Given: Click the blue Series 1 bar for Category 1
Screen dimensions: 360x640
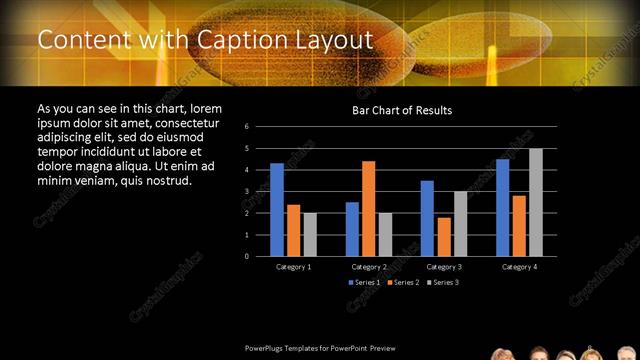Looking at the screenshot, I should [x=277, y=209].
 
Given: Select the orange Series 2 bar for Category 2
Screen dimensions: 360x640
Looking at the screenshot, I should [x=368, y=208].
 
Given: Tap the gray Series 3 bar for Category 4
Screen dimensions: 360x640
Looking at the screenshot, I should [x=536, y=202].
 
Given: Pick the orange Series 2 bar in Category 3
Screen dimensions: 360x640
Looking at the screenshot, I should [x=444, y=236].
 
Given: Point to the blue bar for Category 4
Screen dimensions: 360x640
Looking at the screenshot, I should [x=503, y=207].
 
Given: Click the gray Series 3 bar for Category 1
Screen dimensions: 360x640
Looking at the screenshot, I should [x=310, y=234].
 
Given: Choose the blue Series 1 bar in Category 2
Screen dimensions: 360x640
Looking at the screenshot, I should [x=352, y=229].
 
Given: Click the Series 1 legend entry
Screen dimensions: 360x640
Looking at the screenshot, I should [x=365, y=283].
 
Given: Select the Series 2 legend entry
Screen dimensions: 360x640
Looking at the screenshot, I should [x=402, y=283].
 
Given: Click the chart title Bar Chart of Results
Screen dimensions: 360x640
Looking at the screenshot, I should [x=402, y=110].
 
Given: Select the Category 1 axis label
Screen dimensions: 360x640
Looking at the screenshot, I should [x=293, y=267].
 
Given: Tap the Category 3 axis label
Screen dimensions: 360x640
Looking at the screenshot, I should [x=443, y=267].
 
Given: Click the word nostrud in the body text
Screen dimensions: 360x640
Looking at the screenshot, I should [x=167, y=180].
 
